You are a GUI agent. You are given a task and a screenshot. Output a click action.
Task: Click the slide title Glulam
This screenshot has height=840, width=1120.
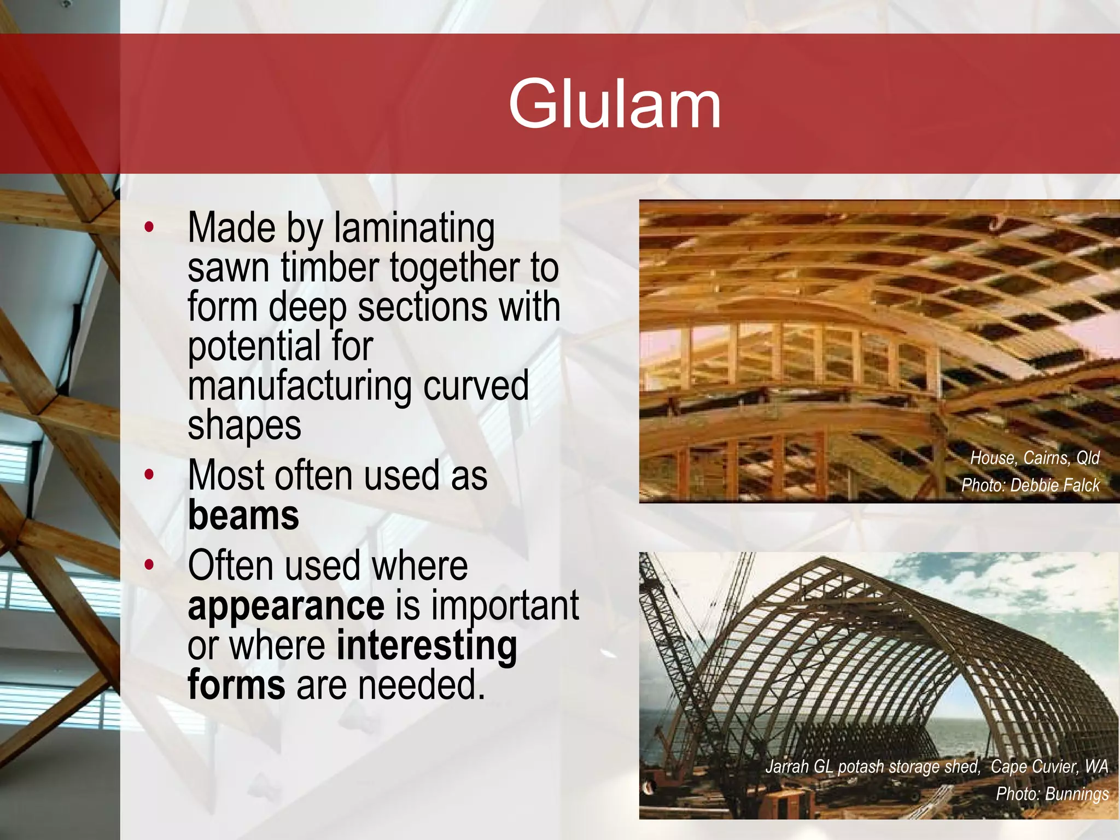point(615,104)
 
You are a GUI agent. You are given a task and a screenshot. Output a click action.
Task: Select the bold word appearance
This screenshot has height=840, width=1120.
point(286,606)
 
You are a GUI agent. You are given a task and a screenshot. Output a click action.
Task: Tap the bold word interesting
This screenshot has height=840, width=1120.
point(427,646)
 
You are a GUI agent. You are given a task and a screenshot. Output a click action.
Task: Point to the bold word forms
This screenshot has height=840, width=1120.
point(236,686)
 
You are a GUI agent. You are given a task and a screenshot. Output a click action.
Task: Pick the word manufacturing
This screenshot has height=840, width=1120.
point(299,386)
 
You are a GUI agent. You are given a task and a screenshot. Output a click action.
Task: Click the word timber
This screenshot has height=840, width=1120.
point(330,267)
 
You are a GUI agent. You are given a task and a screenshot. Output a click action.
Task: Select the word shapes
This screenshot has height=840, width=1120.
point(244,425)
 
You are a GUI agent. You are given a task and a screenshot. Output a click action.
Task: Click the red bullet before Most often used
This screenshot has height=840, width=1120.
point(149,475)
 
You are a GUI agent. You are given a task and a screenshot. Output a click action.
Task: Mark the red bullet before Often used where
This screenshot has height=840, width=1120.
point(149,565)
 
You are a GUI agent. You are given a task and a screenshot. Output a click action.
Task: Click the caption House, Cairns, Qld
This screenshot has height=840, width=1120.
point(1034,458)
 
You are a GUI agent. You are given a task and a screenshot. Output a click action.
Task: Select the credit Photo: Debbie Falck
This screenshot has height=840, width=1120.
point(1030,485)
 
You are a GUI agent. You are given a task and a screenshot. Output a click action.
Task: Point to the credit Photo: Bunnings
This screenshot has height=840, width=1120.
point(1052,794)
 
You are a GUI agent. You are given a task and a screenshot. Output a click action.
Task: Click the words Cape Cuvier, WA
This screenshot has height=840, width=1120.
point(1049,766)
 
